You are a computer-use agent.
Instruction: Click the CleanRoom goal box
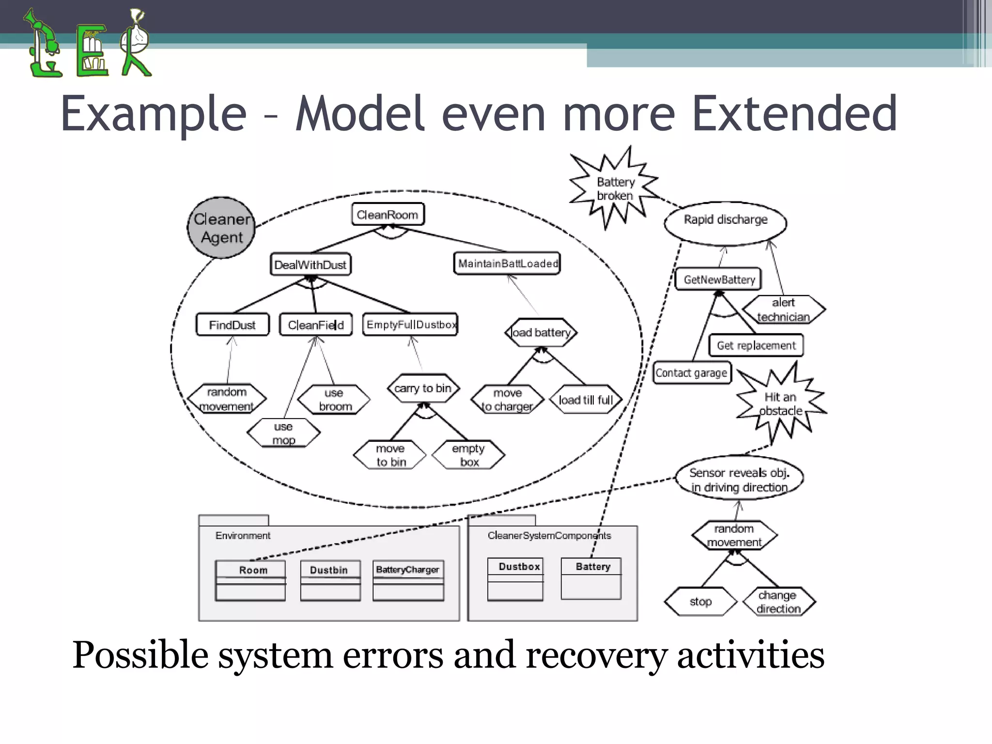click(x=387, y=214)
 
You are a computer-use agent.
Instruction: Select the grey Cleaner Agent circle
click(x=221, y=228)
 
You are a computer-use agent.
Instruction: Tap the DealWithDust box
click(x=310, y=264)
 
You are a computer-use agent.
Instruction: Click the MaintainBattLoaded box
click(x=507, y=263)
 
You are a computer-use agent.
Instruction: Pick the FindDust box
click(x=232, y=325)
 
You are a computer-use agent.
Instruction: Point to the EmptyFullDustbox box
click(x=410, y=325)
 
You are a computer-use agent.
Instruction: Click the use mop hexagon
click(x=284, y=433)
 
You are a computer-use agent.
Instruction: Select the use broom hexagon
click(x=334, y=400)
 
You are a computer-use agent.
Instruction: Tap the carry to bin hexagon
click(x=423, y=388)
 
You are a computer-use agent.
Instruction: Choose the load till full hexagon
click(x=586, y=400)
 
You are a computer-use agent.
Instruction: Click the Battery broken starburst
click(x=615, y=189)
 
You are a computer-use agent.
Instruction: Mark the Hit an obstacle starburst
click(x=780, y=404)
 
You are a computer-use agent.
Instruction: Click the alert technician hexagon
click(x=783, y=310)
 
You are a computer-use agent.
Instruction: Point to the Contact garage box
click(x=692, y=373)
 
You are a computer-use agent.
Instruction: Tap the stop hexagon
click(x=700, y=602)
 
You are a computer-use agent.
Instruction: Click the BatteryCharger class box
click(x=408, y=580)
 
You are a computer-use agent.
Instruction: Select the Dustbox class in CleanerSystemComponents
click(x=515, y=579)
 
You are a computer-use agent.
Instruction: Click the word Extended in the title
click(x=794, y=114)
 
